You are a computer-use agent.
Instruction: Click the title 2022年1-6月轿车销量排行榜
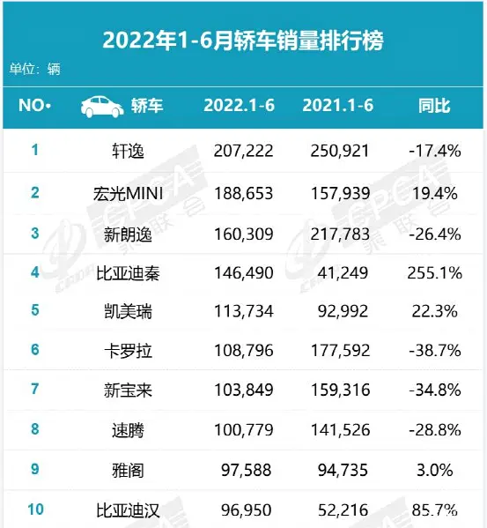243,41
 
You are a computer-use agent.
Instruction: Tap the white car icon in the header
102,107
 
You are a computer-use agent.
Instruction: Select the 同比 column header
434,107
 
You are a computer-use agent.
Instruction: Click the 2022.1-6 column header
240,107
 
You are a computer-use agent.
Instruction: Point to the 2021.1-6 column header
338,107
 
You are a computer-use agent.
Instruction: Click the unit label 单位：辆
34,69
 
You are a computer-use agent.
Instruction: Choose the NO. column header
35,107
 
